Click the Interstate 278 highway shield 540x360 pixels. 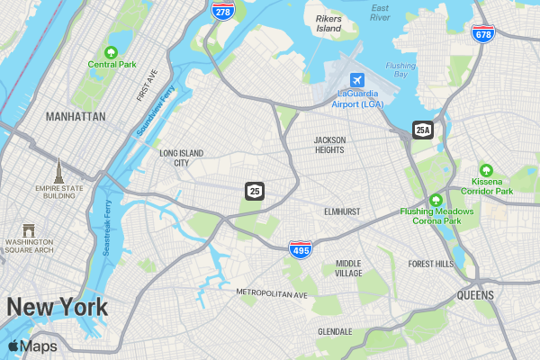221,10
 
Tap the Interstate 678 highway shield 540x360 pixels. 482,33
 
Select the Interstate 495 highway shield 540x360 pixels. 301,249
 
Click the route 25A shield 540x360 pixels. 423,130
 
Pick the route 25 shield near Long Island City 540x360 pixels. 255,191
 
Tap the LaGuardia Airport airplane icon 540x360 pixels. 358,79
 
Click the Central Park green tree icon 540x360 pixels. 112,51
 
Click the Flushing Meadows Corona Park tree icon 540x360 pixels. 436,200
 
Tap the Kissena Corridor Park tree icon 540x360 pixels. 486,170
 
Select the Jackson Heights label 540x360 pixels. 328,145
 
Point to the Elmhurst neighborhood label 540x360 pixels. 342,211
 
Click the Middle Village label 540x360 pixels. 348,268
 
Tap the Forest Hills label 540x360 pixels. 431,264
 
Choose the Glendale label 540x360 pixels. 335,331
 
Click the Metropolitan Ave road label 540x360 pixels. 272,293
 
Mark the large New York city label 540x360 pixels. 58,307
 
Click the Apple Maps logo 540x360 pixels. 32,346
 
